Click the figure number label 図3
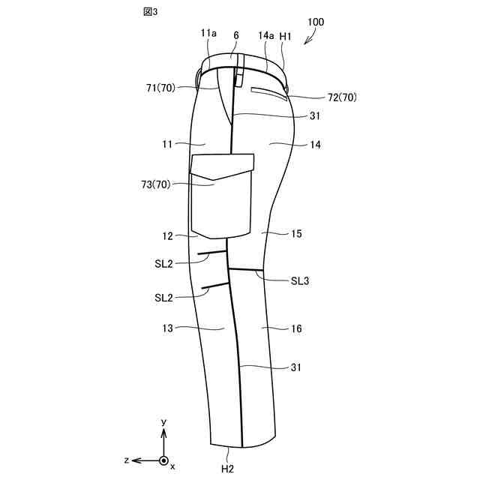(x=150, y=12)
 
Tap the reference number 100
(x=316, y=22)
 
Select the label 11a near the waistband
(x=208, y=33)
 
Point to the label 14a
(x=266, y=35)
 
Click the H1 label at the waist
(x=285, y=36)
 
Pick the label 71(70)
(x=160, y=88)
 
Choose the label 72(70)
(x=342, y=97)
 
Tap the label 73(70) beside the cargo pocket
(x=156, y=184)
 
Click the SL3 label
(x=300, y=281)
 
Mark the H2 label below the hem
(x=227, y=469)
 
